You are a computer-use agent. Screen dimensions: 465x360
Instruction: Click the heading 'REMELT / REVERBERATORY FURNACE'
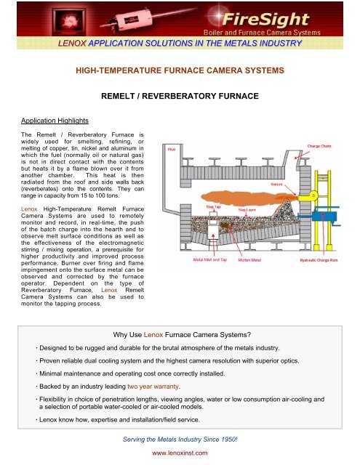(180, 95)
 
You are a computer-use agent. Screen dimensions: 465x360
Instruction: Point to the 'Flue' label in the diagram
(172, 148)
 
